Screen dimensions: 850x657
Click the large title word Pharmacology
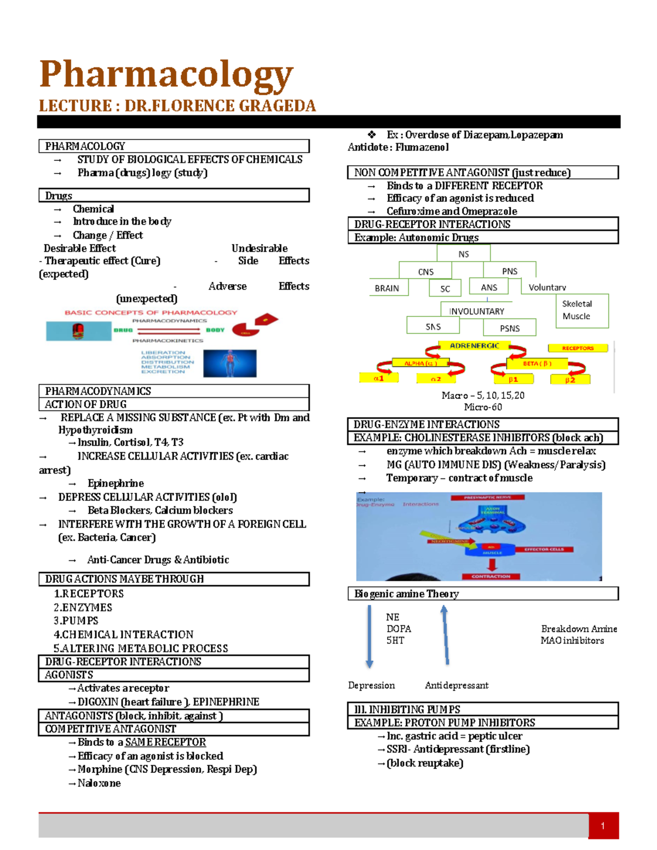pyautogui.click(x=166, y=74)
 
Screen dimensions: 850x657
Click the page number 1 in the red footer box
pyautogui.click(x=603, y=826)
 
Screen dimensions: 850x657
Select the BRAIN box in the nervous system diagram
pyautogui.click(x=387, y=288)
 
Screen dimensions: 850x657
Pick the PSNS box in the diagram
pyautogui.click(x=510, y=328)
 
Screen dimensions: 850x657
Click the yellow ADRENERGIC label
pyautogui.click(x=474, y=346)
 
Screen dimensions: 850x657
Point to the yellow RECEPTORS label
pyautogui.click(x=578, y=348)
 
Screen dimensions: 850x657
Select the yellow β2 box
pyautogui.click(x=570, y=380)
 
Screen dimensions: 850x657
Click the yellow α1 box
pyautogui.click(x=379, y=378)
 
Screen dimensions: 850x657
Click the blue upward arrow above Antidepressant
pyautogui.click(x=446, y=635)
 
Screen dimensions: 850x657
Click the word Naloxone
pyautogui.click(x=99, y=783)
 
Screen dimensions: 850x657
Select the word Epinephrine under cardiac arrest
pyautogui.click(x=116, y=483)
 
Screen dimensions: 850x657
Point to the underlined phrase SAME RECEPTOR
pyautogui.click(x=165, y=742)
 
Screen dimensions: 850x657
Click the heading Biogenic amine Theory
pyautogui.click(x=406, y=594)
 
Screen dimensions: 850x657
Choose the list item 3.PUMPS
pyautogui.click(x=76, y=621)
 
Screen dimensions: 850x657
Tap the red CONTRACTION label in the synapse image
pyautogui.click(x=491, y=576)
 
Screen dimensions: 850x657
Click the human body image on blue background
pyautogui.click(x=229, y=363)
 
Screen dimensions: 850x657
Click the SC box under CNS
pyautogui.click(x=445, y=288)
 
